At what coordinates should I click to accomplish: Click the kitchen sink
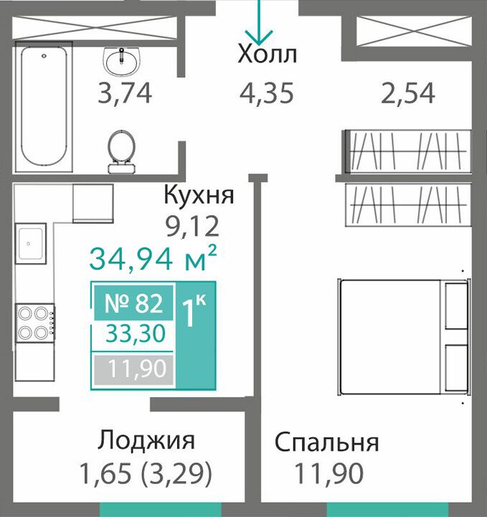coord(30,243)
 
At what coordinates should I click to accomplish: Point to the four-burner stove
coord(35,323)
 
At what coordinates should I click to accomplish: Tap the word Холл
coord(267,54)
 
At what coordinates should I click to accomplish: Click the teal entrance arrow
coord(259,22)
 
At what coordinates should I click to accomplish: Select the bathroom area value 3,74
coord(125,94)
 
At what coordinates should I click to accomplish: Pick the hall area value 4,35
coord(266,93)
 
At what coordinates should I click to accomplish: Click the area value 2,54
coord(408,94)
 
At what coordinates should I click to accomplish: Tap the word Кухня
coord(199,195)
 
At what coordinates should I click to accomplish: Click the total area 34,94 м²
coord(153,259)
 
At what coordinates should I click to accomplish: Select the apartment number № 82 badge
coord(133,303)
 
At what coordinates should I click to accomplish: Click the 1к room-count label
coord(194,310)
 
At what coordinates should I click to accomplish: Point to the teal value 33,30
coord(136,333)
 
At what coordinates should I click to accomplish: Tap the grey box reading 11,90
coord(133,369)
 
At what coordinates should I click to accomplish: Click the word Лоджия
coord(146,440)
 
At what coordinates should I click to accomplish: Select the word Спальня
coord(327,443)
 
